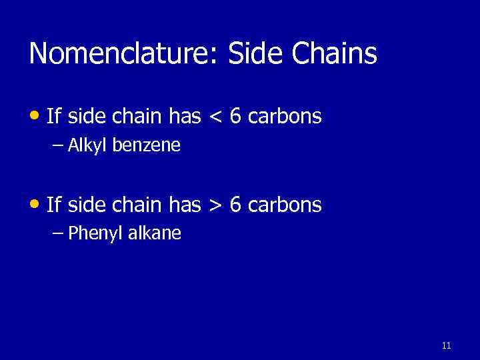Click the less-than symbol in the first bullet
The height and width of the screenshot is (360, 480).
(215, 117)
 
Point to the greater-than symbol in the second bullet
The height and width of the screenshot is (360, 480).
(215, 205)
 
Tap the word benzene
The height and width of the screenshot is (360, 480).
(146, 145)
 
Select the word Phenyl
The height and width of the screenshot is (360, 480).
(93, 233)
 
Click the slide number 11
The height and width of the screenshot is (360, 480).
(446, 345)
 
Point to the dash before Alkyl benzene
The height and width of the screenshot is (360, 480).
(58, 145)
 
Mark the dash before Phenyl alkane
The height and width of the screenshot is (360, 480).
(58, 233)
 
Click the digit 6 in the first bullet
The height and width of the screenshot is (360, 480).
(235, 117)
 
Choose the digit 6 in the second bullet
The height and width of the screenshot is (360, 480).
(235, 205)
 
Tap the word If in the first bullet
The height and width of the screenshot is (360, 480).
(53, 117)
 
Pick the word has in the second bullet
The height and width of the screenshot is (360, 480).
(185, 205)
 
